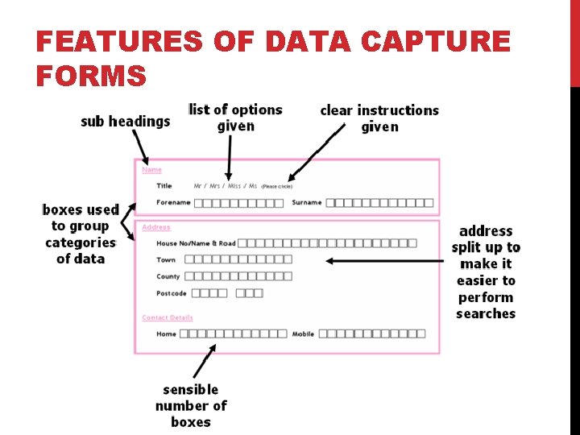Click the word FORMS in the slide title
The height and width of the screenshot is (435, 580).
tap(91, 76)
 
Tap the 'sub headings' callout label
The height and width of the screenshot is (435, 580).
tap(126, 122)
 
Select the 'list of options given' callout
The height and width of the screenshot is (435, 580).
tap(235, 118)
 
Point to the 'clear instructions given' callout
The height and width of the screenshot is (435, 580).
tap(379, 118)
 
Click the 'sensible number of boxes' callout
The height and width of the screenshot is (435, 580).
tap(191, 405)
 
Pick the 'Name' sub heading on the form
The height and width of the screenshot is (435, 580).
tap(151, 170)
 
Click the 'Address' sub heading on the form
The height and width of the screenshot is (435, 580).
tap(156, 227)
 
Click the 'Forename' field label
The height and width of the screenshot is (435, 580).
tap(173, 202)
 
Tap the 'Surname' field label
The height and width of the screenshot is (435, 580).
tap(307, 202)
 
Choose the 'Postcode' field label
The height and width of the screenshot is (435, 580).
tap(172, 293)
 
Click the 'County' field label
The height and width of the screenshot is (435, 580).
tap(168, 276)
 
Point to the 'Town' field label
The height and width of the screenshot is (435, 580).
tap(166, 259)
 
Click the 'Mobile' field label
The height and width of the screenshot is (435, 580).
tap(303, 333)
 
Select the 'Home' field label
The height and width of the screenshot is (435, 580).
tap(166, 333)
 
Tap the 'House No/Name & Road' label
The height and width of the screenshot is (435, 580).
tap(196, 243)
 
